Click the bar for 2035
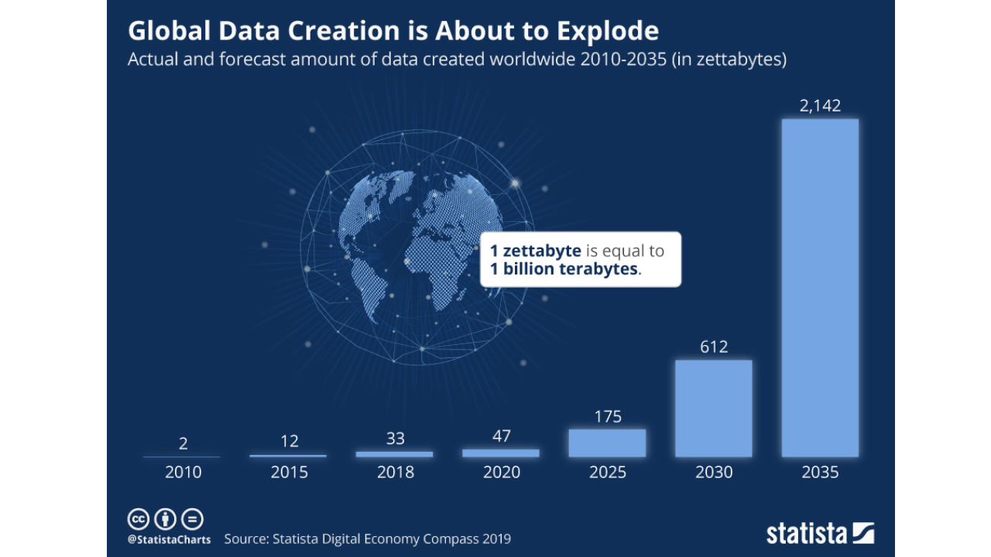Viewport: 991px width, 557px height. click(820, 288)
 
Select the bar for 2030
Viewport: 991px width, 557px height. click(713, 408)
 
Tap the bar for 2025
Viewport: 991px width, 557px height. click(607, 443)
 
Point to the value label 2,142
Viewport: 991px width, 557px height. click(820, 106)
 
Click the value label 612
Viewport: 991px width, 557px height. click(713, 347)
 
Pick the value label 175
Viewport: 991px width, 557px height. click(607, 417)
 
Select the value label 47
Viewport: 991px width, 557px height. click(501, 436)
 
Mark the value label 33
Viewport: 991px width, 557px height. click(395, 439)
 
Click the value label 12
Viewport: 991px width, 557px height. click(288, 442)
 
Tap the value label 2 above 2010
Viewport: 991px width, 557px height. click(183, 444)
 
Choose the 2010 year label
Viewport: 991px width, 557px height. click(183, 472)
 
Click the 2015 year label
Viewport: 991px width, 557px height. click(289, 472)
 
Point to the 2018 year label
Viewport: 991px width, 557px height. click(395, 472)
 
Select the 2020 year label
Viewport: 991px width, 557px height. click(501, 472)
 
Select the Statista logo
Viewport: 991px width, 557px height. click(820, 533)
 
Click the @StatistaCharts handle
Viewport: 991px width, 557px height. click(169, 539)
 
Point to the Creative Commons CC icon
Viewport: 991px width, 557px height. click(138, 519)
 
